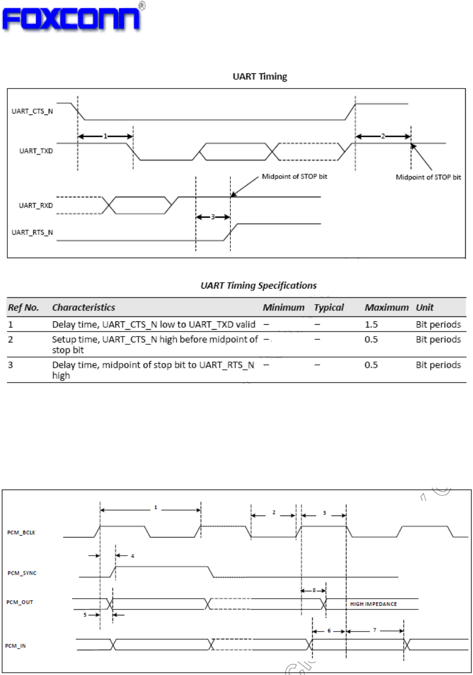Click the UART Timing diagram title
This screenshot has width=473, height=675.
[260, 76]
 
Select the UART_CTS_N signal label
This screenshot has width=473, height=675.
[32, 112]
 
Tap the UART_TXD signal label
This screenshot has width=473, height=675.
[36, 151]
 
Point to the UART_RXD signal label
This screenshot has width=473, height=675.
[36, 205]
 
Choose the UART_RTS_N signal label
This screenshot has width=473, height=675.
[32, 233]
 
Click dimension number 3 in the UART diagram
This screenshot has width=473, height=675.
[213, 217]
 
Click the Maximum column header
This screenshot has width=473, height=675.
[386, 307]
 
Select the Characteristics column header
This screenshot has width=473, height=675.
[84, 307]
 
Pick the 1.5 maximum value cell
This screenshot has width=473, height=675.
[371, 325]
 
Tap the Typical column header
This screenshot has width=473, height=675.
[329, 307]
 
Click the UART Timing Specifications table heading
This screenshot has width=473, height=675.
[258, 285]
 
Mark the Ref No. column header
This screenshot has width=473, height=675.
[23, 307]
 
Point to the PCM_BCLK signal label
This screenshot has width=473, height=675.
[21, 533]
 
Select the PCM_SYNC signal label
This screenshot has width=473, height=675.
[22, 573]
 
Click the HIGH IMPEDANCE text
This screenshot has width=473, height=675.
[373, 604]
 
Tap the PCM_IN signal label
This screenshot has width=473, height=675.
[15, 646]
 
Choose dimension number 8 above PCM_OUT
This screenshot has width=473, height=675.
[314, 590]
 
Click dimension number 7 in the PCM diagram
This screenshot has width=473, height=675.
[375, 630]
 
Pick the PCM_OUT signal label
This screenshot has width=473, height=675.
[20, 602]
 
